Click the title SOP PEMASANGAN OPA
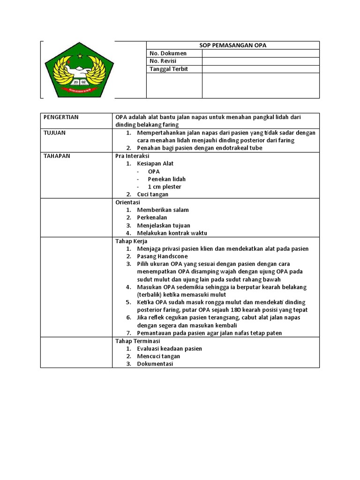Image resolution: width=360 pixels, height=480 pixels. point(232,45)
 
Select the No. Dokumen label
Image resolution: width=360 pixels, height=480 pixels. point(168,53)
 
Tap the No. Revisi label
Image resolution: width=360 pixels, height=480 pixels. point(165,61)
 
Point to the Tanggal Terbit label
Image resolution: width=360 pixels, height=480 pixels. point(168,69)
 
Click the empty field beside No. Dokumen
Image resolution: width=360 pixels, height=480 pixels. point(261,53)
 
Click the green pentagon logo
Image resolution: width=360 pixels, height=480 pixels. point(79,71)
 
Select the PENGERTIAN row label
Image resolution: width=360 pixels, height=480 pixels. point(61,117)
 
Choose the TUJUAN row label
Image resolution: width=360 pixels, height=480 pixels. point(54,133)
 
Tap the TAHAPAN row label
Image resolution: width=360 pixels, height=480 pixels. point(57,156)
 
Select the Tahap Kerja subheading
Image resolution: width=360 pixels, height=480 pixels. point(131,241)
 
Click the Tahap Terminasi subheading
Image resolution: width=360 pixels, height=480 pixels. point(138,341)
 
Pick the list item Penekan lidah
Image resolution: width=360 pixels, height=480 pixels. point(166,179)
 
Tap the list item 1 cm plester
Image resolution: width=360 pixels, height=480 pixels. point(165,187)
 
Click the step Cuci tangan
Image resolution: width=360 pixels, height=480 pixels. point(152,194)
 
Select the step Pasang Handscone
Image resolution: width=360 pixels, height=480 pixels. point(162,256)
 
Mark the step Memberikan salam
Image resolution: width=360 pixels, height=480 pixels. point(163,210)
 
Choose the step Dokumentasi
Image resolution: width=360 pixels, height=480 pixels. point(155,364)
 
